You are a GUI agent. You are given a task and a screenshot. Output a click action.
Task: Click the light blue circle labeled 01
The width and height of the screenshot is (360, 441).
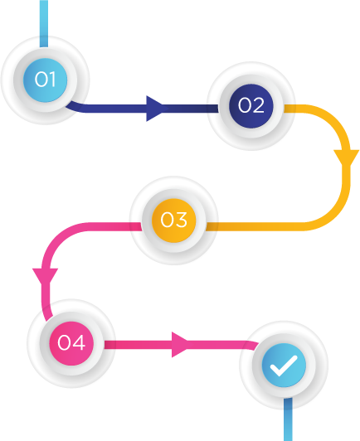(x=45, y=80)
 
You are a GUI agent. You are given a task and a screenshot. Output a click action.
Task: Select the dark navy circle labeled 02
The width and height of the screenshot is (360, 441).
(x=251, y=106)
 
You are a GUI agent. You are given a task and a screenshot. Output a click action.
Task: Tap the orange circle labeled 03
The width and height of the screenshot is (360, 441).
(x=173, y=220)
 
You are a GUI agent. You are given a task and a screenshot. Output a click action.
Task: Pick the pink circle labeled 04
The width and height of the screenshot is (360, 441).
(x=71, y=343)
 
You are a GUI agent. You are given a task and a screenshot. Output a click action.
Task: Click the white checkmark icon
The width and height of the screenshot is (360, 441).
(x=284, y=366)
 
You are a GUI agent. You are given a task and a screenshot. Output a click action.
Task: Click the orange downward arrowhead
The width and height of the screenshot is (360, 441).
(x=346, y=158)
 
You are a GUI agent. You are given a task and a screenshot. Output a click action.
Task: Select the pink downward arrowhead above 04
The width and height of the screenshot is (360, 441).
(x=46, y=276)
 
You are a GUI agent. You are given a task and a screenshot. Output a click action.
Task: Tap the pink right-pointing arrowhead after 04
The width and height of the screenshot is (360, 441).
(x=180, y=345)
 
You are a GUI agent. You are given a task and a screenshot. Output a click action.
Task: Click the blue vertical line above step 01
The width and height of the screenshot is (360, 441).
(x=44, y=24)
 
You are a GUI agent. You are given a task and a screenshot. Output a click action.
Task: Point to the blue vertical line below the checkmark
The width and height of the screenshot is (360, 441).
(x=288, y=419)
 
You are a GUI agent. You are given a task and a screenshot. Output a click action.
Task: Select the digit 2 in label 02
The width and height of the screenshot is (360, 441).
(x=258, y=105)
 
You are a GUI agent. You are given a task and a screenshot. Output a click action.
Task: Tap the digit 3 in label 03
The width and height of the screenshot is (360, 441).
(x=182, y=220)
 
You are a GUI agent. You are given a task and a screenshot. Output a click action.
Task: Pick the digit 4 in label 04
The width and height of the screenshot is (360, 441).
(x=79, y=342)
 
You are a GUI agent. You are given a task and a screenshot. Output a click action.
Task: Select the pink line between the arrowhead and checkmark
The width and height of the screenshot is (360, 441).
(x=222, y=345)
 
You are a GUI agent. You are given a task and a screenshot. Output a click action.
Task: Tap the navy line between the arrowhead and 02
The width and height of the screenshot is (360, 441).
(x=193, y=109)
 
